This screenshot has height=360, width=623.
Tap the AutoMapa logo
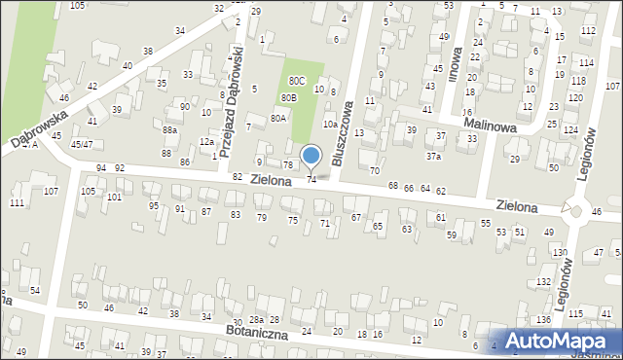(556, 341)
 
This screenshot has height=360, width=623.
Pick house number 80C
(297, 81)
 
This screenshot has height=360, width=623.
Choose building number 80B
(289, 98)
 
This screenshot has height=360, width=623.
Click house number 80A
(278, 118)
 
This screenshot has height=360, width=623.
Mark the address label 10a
(330, 124)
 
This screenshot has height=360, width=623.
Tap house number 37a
(433, 156)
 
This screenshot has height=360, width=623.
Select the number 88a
(170, 129)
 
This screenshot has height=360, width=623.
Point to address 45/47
(82, 144)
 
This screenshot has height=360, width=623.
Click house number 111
(17, 202)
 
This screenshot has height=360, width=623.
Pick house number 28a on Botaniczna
(256, 320)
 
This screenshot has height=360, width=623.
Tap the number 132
(542, 281)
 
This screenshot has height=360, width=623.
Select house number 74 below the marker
(311, 179)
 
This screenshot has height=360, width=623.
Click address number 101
(115, 198)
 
